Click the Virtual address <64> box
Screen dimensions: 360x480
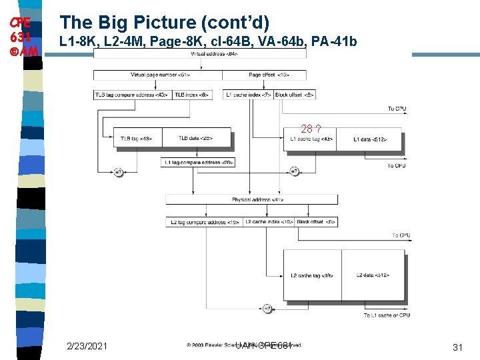[200, 53]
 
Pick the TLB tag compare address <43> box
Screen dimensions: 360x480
[133, 95]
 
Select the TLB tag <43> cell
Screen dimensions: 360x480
[137, 139]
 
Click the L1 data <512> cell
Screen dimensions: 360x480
[370, 139]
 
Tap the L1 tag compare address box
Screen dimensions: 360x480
[198, 162]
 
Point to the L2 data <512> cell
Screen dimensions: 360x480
[373, 275]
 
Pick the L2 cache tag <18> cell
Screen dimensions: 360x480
[312, 275]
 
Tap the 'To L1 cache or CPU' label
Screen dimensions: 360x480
[387, 315]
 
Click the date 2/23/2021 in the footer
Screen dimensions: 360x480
[87, 346]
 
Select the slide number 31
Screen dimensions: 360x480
[457, 347]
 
